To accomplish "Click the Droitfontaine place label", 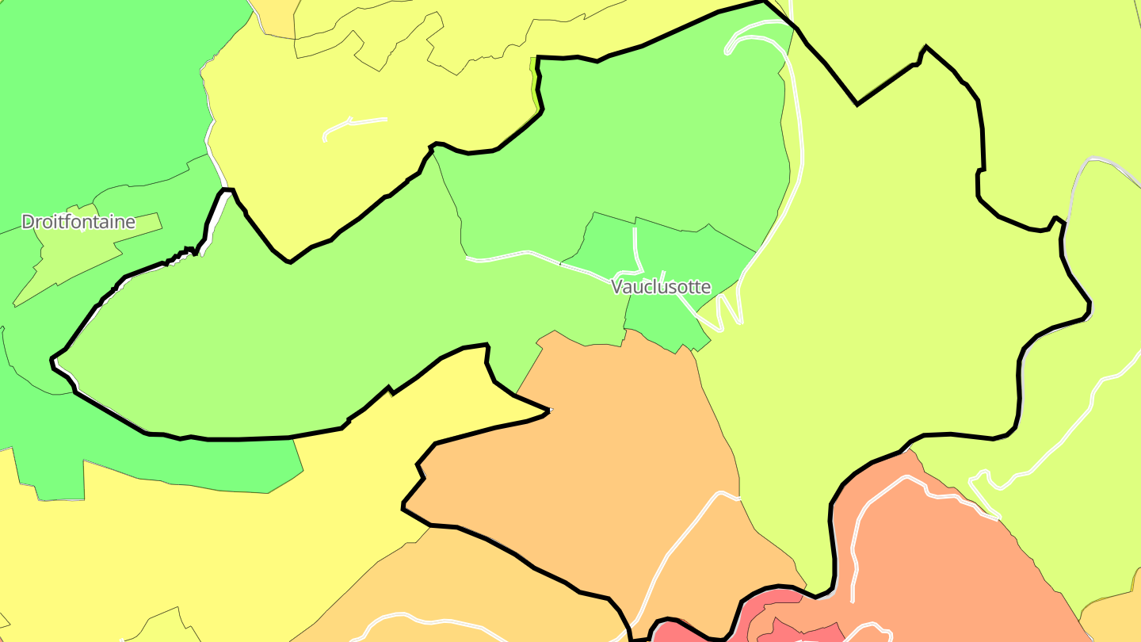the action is coord(78,222).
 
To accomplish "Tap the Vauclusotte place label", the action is coord(661,287).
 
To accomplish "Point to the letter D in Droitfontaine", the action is coord(28,222).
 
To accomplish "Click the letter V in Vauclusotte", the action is coord(617,287).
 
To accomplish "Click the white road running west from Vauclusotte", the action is coord(523,254).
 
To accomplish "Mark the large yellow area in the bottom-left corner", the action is coord(158,555).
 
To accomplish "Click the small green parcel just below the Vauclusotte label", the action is coord(662,321).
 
